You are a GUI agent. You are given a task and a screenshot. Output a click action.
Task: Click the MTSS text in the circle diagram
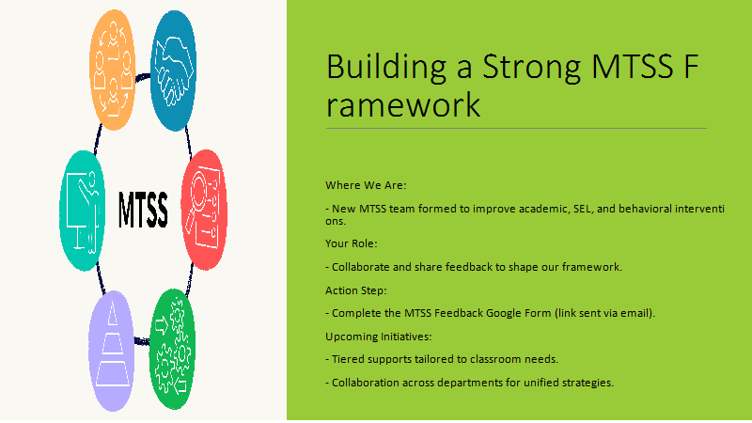coord(143,210)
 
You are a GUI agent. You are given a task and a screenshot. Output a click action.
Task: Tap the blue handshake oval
coord(173,70)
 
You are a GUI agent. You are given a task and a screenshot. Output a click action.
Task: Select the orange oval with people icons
coord(113,70)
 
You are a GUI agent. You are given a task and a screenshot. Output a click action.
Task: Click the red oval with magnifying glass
coord(204,210)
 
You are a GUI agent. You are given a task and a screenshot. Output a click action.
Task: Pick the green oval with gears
coord(173,349)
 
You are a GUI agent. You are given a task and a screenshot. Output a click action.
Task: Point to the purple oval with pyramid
coord(112,351)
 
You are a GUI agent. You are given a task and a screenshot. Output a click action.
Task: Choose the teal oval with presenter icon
coord(83,211)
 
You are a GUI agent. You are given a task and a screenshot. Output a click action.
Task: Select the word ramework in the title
coord(403,105)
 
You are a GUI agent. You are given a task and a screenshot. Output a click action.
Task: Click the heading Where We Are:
coord(366,185)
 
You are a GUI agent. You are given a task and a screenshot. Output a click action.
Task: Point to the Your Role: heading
coord(352,243)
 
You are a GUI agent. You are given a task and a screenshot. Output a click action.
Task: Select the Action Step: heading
coord(356,290)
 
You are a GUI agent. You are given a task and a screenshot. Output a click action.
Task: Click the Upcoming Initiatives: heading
coord(379,337)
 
